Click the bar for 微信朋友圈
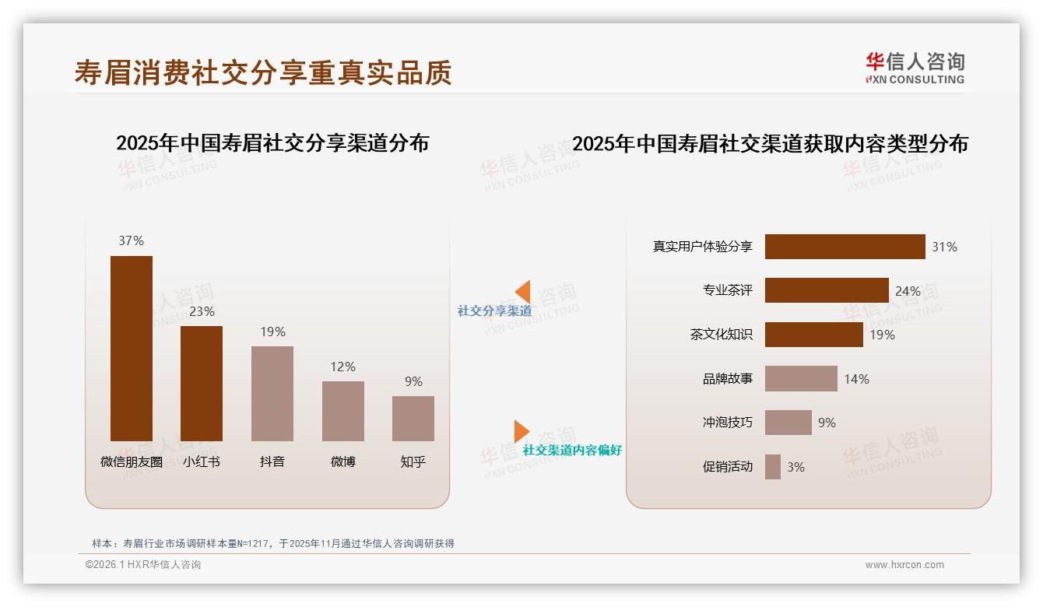coord(132,348)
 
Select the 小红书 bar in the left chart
coord(202,383)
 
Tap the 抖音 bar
coord(272,393)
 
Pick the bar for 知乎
coord(413,418)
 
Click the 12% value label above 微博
coord(342,367)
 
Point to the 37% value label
coord(132,241)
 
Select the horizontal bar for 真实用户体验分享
coord(845,247)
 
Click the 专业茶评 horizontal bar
coord(826,290)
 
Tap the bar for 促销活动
coord(772,467)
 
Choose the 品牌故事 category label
coord(728,379)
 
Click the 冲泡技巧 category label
coord(728,423)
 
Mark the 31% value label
coord(944,247)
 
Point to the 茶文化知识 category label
coord(722,335)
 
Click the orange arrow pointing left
coord(522,292)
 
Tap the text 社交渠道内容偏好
coord(572,451)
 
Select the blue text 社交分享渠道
coord(494,311)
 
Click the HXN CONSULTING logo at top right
coord(915,68)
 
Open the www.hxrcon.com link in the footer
coord(904,565)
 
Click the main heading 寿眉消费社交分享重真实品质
coord(263,72)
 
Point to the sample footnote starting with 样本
coord(272,544)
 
